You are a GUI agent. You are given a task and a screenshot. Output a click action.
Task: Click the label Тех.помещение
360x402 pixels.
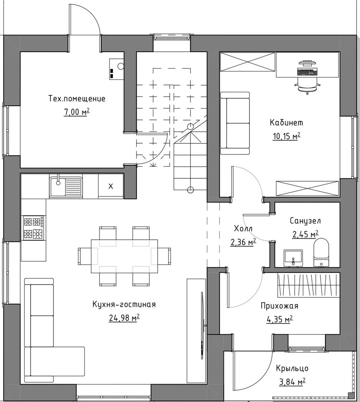coord(77,99)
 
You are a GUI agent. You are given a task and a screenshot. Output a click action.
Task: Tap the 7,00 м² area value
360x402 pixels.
coord(77,112)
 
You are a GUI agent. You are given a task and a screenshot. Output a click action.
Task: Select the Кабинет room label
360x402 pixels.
coord(286,122)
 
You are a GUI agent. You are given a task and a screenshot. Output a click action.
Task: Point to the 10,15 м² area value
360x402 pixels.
coord(286,136)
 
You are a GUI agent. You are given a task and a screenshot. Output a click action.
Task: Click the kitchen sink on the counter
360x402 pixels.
coord(66,187)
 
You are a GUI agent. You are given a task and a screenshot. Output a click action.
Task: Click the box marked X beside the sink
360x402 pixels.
coord(111,186)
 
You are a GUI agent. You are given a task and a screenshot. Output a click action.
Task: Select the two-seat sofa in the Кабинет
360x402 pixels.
coord(235,123)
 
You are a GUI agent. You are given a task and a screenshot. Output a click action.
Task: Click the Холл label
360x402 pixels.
coord(243,229)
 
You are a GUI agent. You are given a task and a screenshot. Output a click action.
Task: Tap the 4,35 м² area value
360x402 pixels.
coord(280,319)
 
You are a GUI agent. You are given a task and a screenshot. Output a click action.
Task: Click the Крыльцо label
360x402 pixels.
coord(292,368)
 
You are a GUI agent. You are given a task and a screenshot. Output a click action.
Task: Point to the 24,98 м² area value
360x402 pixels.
coord(124,318)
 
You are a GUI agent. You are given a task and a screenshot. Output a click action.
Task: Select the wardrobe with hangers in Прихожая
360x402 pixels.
coord(309,285)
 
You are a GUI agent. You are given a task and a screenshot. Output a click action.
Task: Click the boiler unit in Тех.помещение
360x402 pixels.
coord(116,68)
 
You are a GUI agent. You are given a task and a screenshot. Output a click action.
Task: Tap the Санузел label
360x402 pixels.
coord(305,221)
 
